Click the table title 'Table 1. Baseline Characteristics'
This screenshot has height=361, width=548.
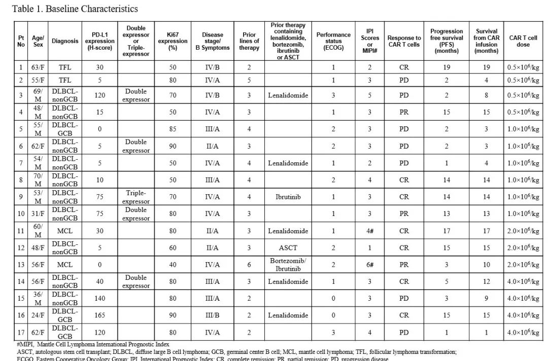pos(75,9)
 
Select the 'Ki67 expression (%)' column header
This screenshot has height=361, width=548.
pos(173,41)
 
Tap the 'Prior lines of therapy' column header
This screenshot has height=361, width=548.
pos(249,41)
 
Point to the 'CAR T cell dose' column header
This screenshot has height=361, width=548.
pos(523,41)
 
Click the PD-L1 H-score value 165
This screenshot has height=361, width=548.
pos(100,315)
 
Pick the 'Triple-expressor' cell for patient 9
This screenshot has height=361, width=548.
pos(136,197)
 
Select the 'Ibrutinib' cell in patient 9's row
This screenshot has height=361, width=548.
pos(288,197)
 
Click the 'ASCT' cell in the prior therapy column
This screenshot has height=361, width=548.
pos(288,248)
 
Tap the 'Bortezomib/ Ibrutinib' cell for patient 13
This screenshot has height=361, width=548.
pos(288,265)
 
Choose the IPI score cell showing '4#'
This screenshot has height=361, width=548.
pos(370,231)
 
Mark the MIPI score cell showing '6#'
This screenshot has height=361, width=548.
pos(370,265)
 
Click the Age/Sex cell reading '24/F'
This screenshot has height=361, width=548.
pos(38,315)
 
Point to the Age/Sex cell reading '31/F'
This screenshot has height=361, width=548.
pos(38,214)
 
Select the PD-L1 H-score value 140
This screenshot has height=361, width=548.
pos(100,299)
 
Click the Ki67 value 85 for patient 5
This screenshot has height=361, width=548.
pos(173,129)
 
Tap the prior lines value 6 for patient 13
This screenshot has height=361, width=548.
pos(249,265)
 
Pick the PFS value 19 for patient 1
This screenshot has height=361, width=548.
pos(447,67)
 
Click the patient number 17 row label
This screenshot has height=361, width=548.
pos(21,333)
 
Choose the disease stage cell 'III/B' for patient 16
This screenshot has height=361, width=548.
pos(213,315)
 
